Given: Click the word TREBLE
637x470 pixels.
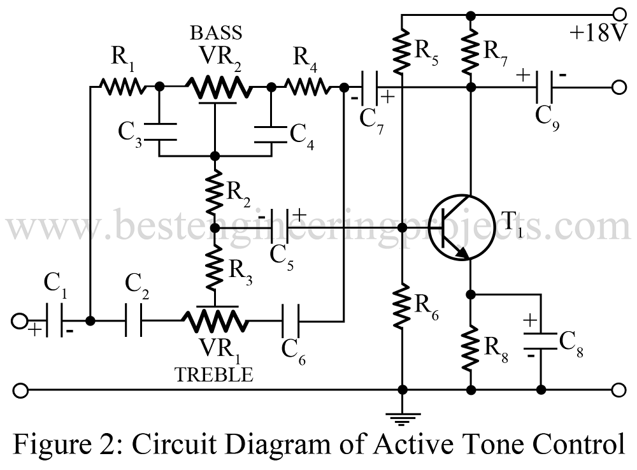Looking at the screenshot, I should point(214,376).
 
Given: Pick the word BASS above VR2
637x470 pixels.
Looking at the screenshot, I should point(216,32).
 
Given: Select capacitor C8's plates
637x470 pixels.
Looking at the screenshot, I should point(541,340).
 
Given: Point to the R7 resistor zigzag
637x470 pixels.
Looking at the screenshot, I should point(471,48).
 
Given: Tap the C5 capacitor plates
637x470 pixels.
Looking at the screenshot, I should point(282,228).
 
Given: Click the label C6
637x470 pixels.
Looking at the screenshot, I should point(293,352).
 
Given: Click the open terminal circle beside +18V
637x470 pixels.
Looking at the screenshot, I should point(617,13).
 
